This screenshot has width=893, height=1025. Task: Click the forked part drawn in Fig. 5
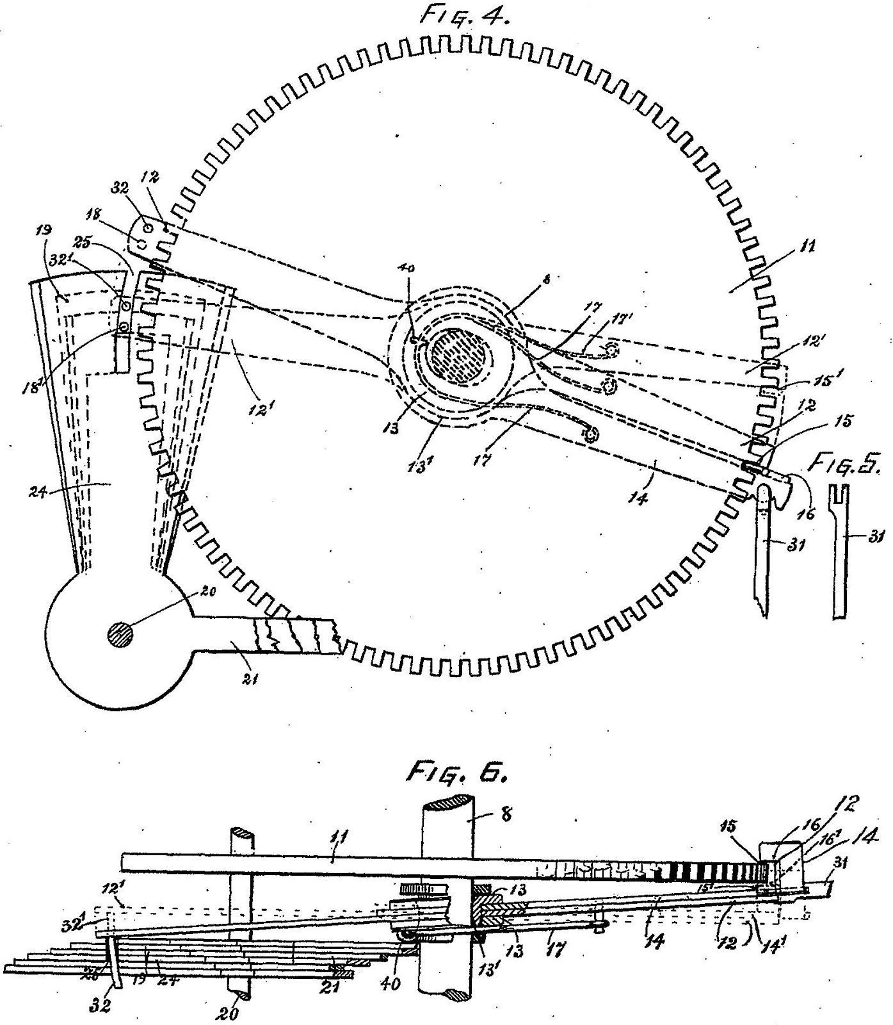click(844, 551)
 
